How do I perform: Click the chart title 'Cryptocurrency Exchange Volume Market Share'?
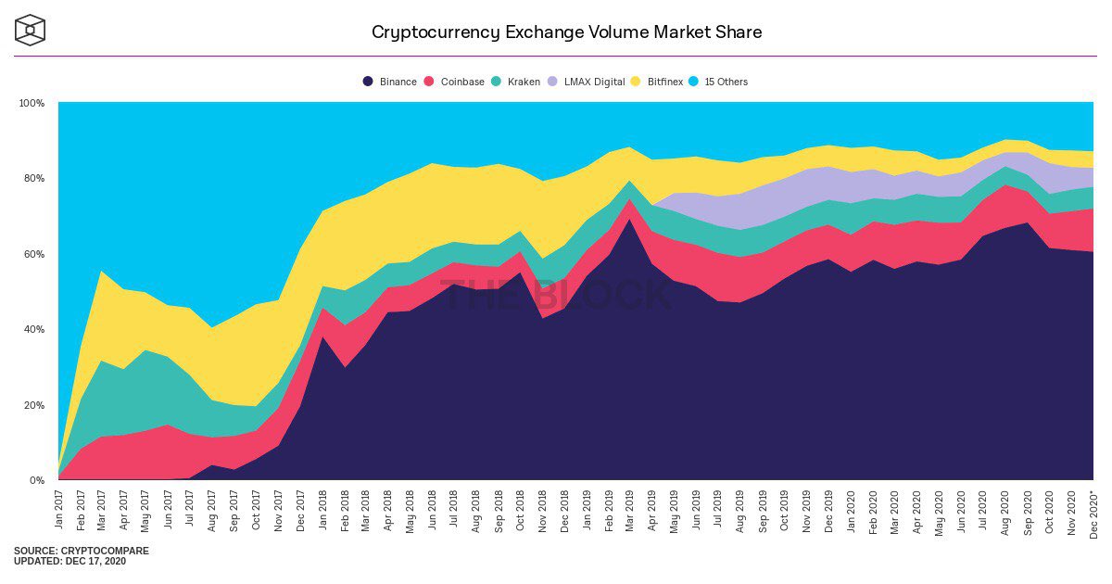coord(566,32)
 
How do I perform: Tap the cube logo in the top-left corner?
coord(30,30)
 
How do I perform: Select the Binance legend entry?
coord(390,82)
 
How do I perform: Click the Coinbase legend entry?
coord(454,82)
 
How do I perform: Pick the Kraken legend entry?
coord(515,82)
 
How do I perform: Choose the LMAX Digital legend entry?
coord(586,82)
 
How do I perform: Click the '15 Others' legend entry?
coord(718,82)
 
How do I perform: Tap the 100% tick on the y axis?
coord(32,103)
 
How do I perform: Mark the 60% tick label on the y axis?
coord(33,254)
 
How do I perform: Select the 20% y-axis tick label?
coord(33,405)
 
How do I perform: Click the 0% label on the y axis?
coord(36,480)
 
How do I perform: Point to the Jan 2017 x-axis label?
coord(58,509)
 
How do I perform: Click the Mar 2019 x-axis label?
coord(630,509)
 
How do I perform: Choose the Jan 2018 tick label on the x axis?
coord(322,509)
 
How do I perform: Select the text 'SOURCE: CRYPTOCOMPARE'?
coord(81,551)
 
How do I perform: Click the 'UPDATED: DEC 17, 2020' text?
coord(69,562)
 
